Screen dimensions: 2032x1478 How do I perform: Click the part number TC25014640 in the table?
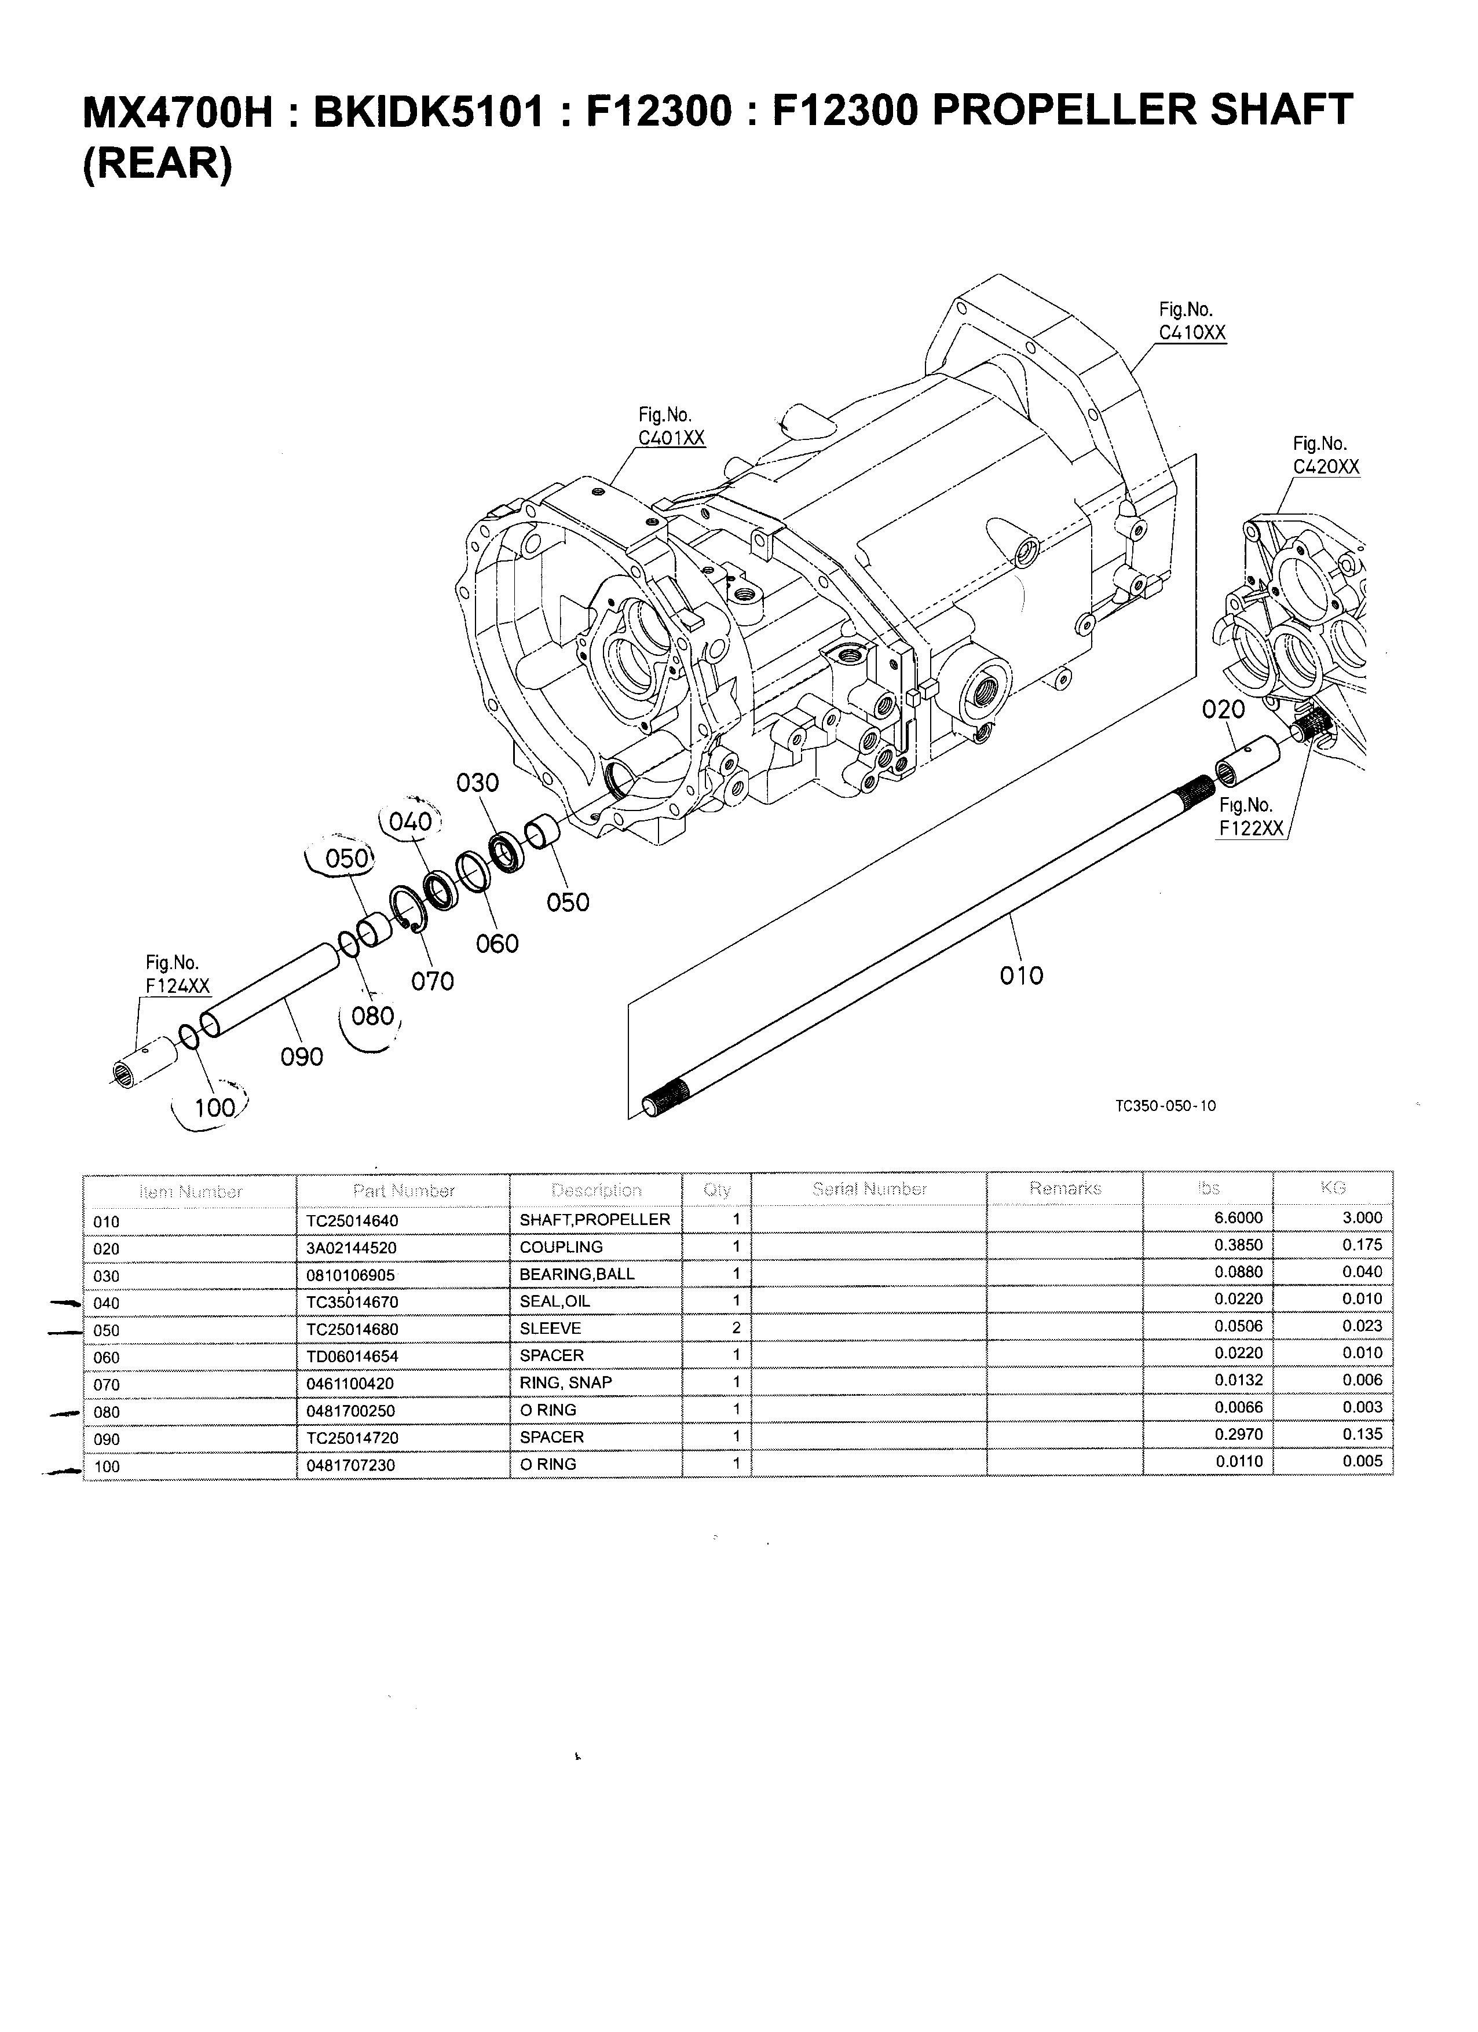(x=352, y=1221)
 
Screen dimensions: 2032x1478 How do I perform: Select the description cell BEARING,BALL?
(x=576, y=1274)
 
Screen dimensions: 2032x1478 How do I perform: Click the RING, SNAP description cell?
(x=566, y=1382)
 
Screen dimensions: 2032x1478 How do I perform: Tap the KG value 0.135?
(x=1362, y=1435)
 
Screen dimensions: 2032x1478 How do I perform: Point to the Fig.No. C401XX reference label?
(x=671, y=427)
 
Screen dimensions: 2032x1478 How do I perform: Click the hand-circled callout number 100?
(x=214, y=1108)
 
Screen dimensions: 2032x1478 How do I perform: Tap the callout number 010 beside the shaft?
(x=1021, y=975)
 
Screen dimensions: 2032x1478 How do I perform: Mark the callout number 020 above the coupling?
(x=1223, y=710)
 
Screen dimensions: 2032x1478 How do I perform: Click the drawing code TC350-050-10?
(x=1165, y=1106)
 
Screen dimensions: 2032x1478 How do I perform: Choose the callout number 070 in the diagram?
(x=432, y=982)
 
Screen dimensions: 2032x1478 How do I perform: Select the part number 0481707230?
(x=350, y=1466)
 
